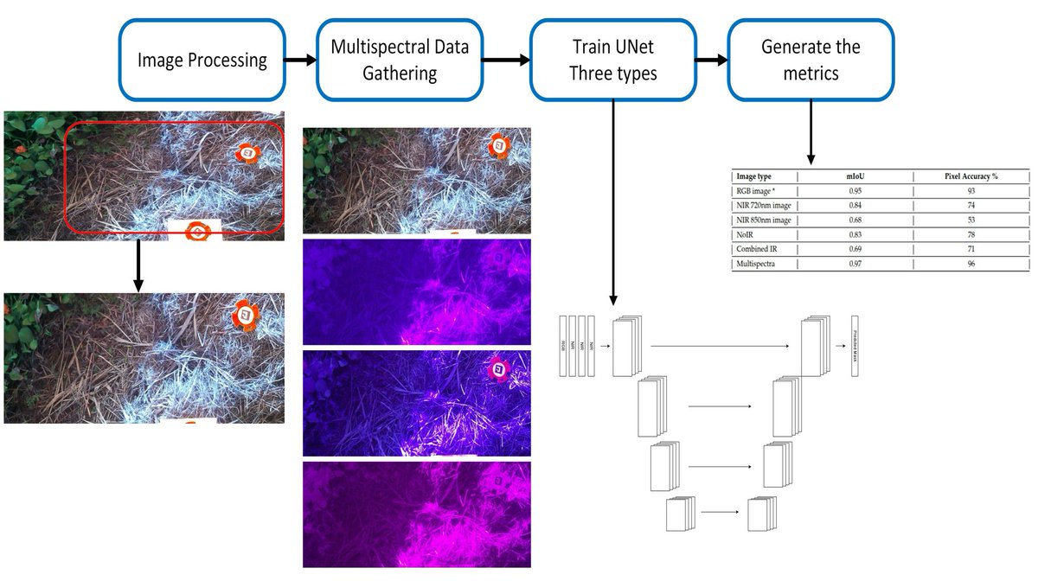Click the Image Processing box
202,60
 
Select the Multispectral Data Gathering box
400,60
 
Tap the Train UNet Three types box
612,60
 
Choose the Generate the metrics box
811,60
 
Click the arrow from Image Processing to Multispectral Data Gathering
300,61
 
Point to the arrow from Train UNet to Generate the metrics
712,61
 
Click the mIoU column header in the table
855,176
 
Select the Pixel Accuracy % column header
971,176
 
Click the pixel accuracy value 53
971,220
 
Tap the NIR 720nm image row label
763,205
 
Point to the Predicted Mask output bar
855,345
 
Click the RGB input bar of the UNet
563,345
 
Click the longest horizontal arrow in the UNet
720,346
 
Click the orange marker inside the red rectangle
248,152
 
